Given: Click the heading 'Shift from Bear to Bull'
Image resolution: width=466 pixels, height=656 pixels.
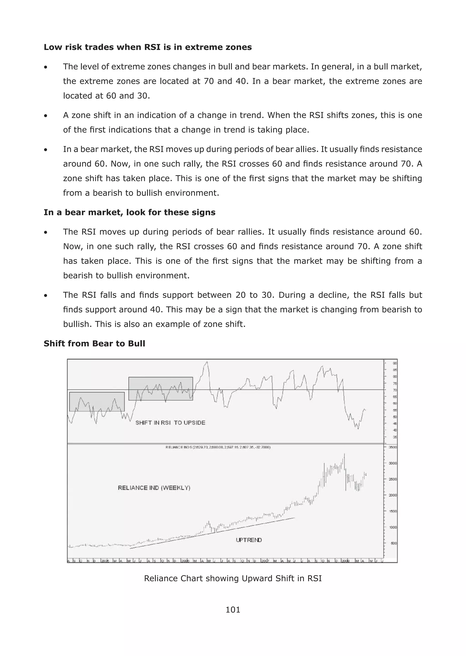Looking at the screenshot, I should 94,343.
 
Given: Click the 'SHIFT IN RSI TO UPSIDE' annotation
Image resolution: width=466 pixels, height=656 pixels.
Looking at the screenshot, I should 170,423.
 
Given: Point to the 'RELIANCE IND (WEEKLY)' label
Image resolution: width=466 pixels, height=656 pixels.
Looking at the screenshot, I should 154,488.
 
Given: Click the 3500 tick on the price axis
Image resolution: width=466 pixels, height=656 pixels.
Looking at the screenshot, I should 393,447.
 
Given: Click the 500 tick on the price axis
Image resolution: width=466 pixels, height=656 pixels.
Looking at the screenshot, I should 393,543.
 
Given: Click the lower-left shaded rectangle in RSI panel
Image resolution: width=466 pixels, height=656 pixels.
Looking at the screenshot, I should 97,402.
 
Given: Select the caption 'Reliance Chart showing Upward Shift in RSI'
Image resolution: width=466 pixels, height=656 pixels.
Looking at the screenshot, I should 233,578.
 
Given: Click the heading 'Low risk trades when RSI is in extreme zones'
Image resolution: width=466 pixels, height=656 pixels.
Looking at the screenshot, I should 147,47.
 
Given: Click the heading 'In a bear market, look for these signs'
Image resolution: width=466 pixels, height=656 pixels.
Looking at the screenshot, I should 129,212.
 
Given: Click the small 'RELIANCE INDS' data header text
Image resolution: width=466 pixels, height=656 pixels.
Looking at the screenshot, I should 218,447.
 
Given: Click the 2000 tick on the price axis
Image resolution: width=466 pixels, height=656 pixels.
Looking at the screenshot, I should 393,495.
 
